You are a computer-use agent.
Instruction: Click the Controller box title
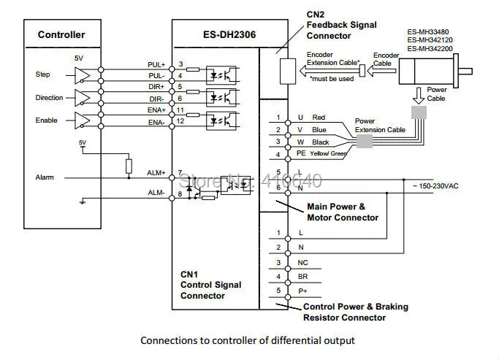(x=61, y=34)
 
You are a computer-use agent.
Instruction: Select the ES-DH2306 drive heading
(x=229, y=34)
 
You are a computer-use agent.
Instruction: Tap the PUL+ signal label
(x=156, y=64)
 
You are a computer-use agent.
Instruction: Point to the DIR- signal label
(x=156, y=99)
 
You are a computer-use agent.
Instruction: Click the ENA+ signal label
(x=156, y=110)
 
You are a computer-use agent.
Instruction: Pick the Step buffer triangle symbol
(x=82, y=75)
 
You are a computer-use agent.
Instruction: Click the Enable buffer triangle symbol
(x=82, y=120)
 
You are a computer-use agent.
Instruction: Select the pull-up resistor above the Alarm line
(x=129, y=166)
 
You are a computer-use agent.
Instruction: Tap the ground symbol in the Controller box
(x=83, y=202)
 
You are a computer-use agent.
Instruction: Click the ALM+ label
(x=156, y=172)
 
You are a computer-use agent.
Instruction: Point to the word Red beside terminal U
(x=319, y=118)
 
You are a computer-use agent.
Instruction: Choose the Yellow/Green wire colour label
(x=328, y=153)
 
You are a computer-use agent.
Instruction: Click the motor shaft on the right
(x=465, y=72)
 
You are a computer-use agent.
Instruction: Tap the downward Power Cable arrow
(x=419, y=96)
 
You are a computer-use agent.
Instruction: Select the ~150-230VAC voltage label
(x=435, y=186)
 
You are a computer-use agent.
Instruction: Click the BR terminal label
(x=302, y=277)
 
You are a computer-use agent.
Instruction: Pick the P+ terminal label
(x=302, y=291)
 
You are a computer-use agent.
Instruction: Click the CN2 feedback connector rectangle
(x=288, y=72)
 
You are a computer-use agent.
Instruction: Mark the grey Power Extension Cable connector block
(x=365, y=141)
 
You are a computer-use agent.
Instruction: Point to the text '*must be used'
(x=332, y=79)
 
